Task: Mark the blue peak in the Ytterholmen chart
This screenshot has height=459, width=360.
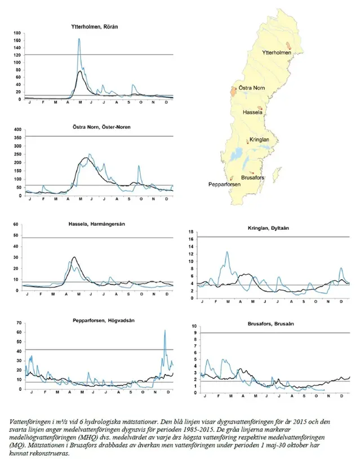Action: (79, 39)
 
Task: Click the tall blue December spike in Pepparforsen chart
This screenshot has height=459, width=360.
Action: (165, 331)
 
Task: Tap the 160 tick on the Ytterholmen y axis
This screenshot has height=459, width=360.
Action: (17, 41)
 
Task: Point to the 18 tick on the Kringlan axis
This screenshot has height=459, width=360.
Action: (191, 232)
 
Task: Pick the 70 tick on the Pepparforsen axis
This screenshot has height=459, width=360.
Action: (18, 323)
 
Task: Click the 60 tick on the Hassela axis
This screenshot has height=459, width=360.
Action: (17, 225)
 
